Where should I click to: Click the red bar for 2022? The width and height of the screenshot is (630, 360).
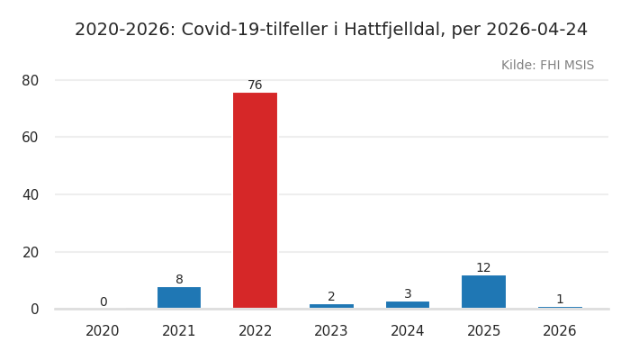(x=255, y=201)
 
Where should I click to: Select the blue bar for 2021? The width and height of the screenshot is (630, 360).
(x=179, y=298)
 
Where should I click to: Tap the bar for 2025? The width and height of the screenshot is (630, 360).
(x=483, y=292)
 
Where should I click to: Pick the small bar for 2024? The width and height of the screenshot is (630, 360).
(x=408, y=305)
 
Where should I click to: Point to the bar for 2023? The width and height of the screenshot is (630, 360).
(x=331, y=306)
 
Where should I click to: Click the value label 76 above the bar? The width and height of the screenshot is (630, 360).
(x=255, y=85)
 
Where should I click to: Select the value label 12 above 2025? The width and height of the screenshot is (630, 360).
(x=483, y=268)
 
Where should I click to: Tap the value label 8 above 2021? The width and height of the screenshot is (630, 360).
(x=179, y=280)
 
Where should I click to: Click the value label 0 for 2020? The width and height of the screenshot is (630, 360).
(x=103, y=302)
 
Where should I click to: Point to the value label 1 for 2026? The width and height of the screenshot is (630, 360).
(x=560, y=300)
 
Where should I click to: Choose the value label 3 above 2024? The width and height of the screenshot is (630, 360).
(x=408, y=294)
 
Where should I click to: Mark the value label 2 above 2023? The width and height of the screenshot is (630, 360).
(x=331, y=297)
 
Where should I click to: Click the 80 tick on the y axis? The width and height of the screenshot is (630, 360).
(x=31, y=80)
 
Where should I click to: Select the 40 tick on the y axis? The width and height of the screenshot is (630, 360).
(x=31, y=194)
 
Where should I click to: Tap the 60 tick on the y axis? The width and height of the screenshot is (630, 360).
(x=31, y=137)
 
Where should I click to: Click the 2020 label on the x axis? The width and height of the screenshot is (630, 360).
(x=103, y=331)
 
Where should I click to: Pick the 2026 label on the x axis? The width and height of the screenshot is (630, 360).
(x=560, y=331)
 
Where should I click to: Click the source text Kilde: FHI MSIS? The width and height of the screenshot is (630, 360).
(x=547, y=66)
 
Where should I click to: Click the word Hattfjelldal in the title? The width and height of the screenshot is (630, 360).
(x=393, y=30)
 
